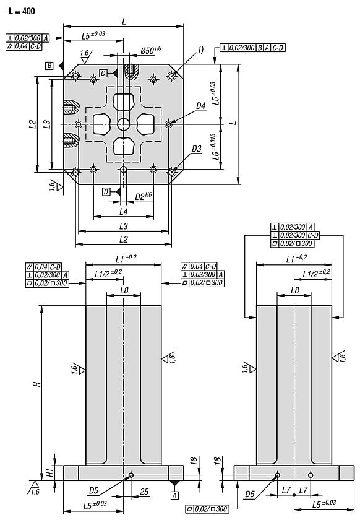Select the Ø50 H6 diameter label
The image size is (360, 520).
tap(151, 49)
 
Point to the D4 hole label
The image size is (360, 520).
tap(200, 106)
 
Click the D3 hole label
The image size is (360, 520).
tap(197, 149)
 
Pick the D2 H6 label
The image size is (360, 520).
tap(144, 196)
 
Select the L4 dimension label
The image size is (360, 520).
tap(124, 212)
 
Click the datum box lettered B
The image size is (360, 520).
tap(48, 65)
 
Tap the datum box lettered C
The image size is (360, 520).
tap(103, 73)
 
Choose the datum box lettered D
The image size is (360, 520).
tap(106, 192)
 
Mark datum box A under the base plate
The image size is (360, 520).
tap(174, 495)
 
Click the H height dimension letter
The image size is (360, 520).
tap(36, 384)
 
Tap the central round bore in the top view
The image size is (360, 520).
tap(124, 124)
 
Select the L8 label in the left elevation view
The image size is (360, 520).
tap(124, 290)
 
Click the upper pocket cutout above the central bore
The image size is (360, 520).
tap(124, 102)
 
